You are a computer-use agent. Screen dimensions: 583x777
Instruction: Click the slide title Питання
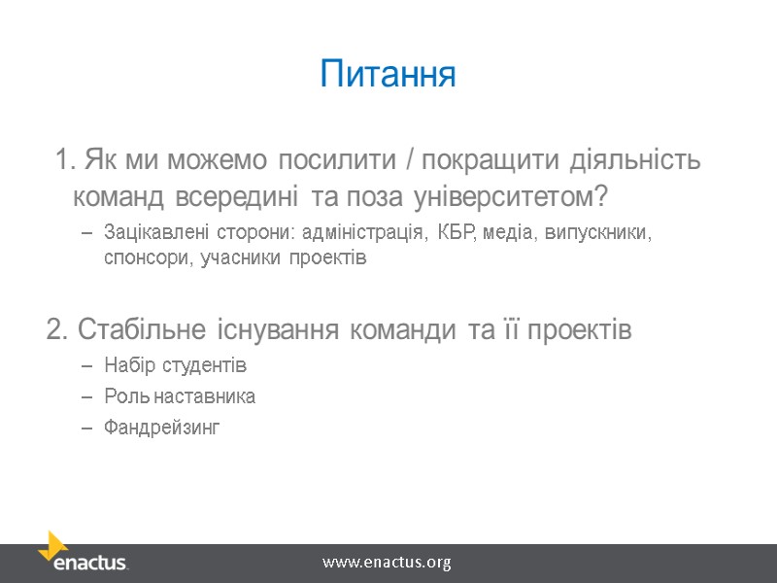388,75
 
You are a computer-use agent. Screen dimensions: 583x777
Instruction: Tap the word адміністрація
364,234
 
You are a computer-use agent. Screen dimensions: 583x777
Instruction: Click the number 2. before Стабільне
57,330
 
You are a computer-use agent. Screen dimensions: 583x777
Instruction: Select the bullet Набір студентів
175,365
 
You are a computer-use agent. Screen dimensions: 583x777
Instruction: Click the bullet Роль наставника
180,396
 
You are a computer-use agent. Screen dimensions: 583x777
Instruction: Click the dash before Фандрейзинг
86,428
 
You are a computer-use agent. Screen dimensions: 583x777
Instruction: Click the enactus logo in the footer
83,553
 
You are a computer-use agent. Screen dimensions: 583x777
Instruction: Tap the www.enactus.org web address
387,562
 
